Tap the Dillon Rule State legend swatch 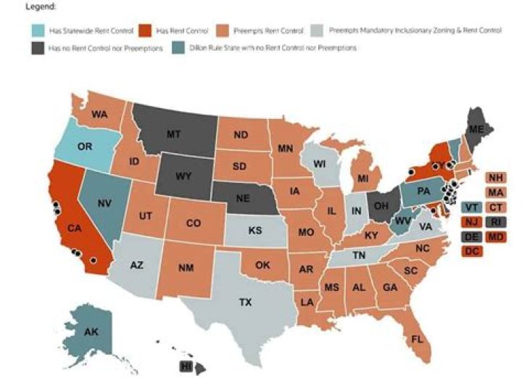coord(176,47)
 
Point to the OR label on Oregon coord(85,147)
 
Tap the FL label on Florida coord(417,339)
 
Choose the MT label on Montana coord(174,134)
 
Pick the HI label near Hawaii coord(186,366)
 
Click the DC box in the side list coord(472,251)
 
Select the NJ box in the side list coord(472,221)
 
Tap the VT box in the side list coord(472,207)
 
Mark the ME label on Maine coord(475,129)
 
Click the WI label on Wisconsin coord(320,164)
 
